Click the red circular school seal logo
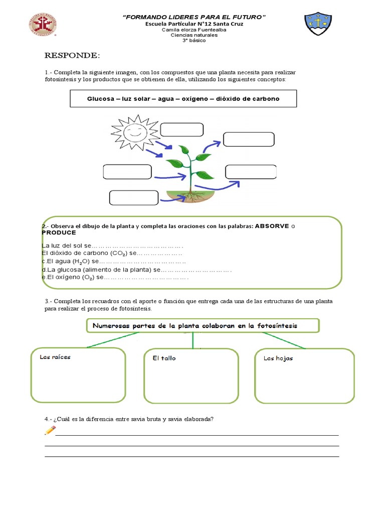42,26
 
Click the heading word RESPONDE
73,55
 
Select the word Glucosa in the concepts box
101,99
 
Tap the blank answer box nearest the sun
181,130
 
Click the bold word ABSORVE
272,226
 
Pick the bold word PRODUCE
59,233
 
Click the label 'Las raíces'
55,357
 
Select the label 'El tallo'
164,358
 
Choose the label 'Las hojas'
278,358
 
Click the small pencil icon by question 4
50,430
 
